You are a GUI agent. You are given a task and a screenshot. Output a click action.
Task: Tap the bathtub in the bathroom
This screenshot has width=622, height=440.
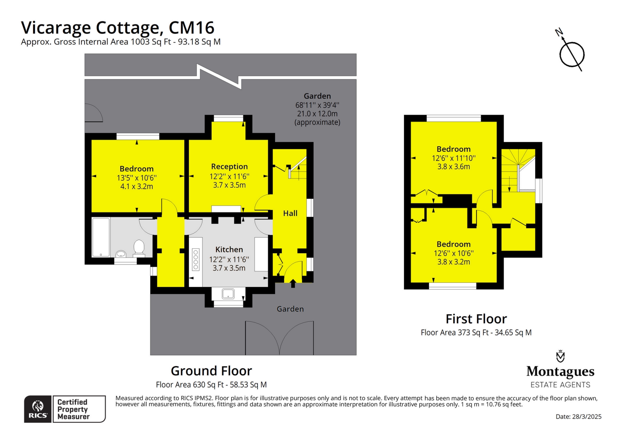click(x=101, y=237)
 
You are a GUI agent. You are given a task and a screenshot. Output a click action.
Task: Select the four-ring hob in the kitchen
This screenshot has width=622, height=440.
click(x=196, y=259)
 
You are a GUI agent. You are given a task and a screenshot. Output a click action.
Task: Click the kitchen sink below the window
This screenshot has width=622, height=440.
click(x=228, y=294)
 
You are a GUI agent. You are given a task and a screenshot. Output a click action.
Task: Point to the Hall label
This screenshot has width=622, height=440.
click(x=290, y=213)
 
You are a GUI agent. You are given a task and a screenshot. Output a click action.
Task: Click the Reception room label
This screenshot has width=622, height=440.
click(x=229, y=167)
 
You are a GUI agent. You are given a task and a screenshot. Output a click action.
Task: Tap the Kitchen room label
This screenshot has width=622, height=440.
click(x=229, y=249)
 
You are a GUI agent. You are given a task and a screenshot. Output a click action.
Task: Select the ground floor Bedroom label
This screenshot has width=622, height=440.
click(x=137, y=169)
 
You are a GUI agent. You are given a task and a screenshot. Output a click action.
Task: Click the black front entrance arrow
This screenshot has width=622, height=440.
click(x=293, y=283)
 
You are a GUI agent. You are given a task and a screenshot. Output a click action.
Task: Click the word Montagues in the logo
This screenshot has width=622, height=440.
click(x=560, y=372)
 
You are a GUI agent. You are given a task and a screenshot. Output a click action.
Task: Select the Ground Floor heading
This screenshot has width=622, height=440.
click(x=211, y=371)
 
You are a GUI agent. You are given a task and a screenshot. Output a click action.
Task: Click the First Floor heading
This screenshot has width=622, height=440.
click(x=476, y=319)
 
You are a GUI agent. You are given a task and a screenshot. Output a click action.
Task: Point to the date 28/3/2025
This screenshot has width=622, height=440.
click(x=587, y=417)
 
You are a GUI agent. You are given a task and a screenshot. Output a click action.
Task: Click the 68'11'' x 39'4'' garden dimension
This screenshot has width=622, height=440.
click(x=317, y=105)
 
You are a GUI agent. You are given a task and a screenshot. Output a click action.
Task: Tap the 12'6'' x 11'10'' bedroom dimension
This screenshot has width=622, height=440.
click(x=454, y=158)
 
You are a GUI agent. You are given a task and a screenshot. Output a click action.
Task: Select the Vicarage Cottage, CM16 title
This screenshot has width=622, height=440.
click(x=118, y=28)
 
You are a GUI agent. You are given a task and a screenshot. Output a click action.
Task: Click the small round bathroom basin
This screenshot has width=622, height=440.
click(x=121, y=254)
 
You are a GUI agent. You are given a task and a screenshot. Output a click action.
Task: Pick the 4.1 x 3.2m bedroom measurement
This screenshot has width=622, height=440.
click(x=137, y=186)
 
